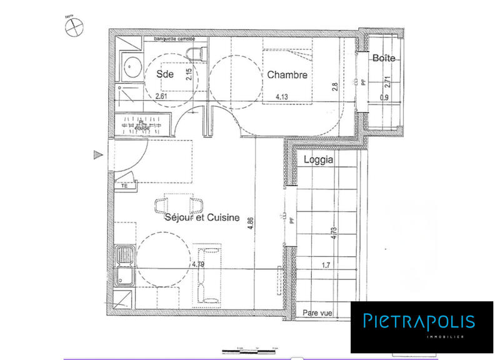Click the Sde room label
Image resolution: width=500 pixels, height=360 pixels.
pos(165,74)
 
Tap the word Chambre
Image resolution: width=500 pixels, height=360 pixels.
pos(287,75)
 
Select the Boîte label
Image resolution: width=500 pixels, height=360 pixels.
pos(384,58)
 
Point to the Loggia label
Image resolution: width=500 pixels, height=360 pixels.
pos(318,159)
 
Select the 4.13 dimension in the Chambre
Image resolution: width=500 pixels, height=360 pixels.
pos(284,97)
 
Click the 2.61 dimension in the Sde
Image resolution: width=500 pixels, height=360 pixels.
pos(161,97)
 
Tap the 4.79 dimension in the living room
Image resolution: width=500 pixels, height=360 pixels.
pos(198,264)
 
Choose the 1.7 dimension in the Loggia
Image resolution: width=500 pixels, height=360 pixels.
pos(326,265)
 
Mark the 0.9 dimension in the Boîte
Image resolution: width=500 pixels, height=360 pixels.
pos(384,97)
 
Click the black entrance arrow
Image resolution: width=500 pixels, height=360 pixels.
pos(96,154)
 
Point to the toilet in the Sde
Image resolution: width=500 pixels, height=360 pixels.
pos(198,52)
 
